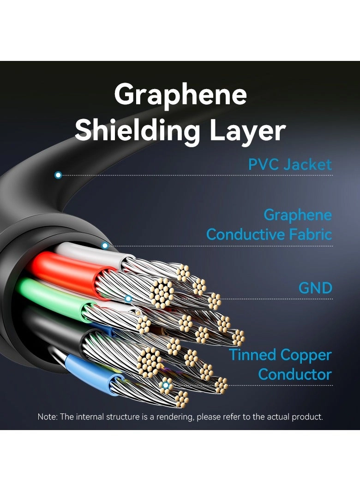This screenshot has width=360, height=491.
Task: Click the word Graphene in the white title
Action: coord(180,96)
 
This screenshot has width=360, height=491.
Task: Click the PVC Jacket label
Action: coord(290,165)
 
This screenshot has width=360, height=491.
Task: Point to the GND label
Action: coord(315,288)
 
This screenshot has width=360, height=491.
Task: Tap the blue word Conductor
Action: coord(295,374)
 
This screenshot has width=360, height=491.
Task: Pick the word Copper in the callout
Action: coord(306,355)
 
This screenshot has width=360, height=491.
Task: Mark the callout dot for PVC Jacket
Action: coord(58,175)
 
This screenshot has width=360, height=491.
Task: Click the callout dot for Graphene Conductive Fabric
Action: coord(105,245)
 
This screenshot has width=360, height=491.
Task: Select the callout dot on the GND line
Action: coord(129,299)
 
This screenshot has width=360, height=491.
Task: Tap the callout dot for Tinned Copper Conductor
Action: coord(165,385)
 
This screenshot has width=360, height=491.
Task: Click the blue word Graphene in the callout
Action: coord(298,215)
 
